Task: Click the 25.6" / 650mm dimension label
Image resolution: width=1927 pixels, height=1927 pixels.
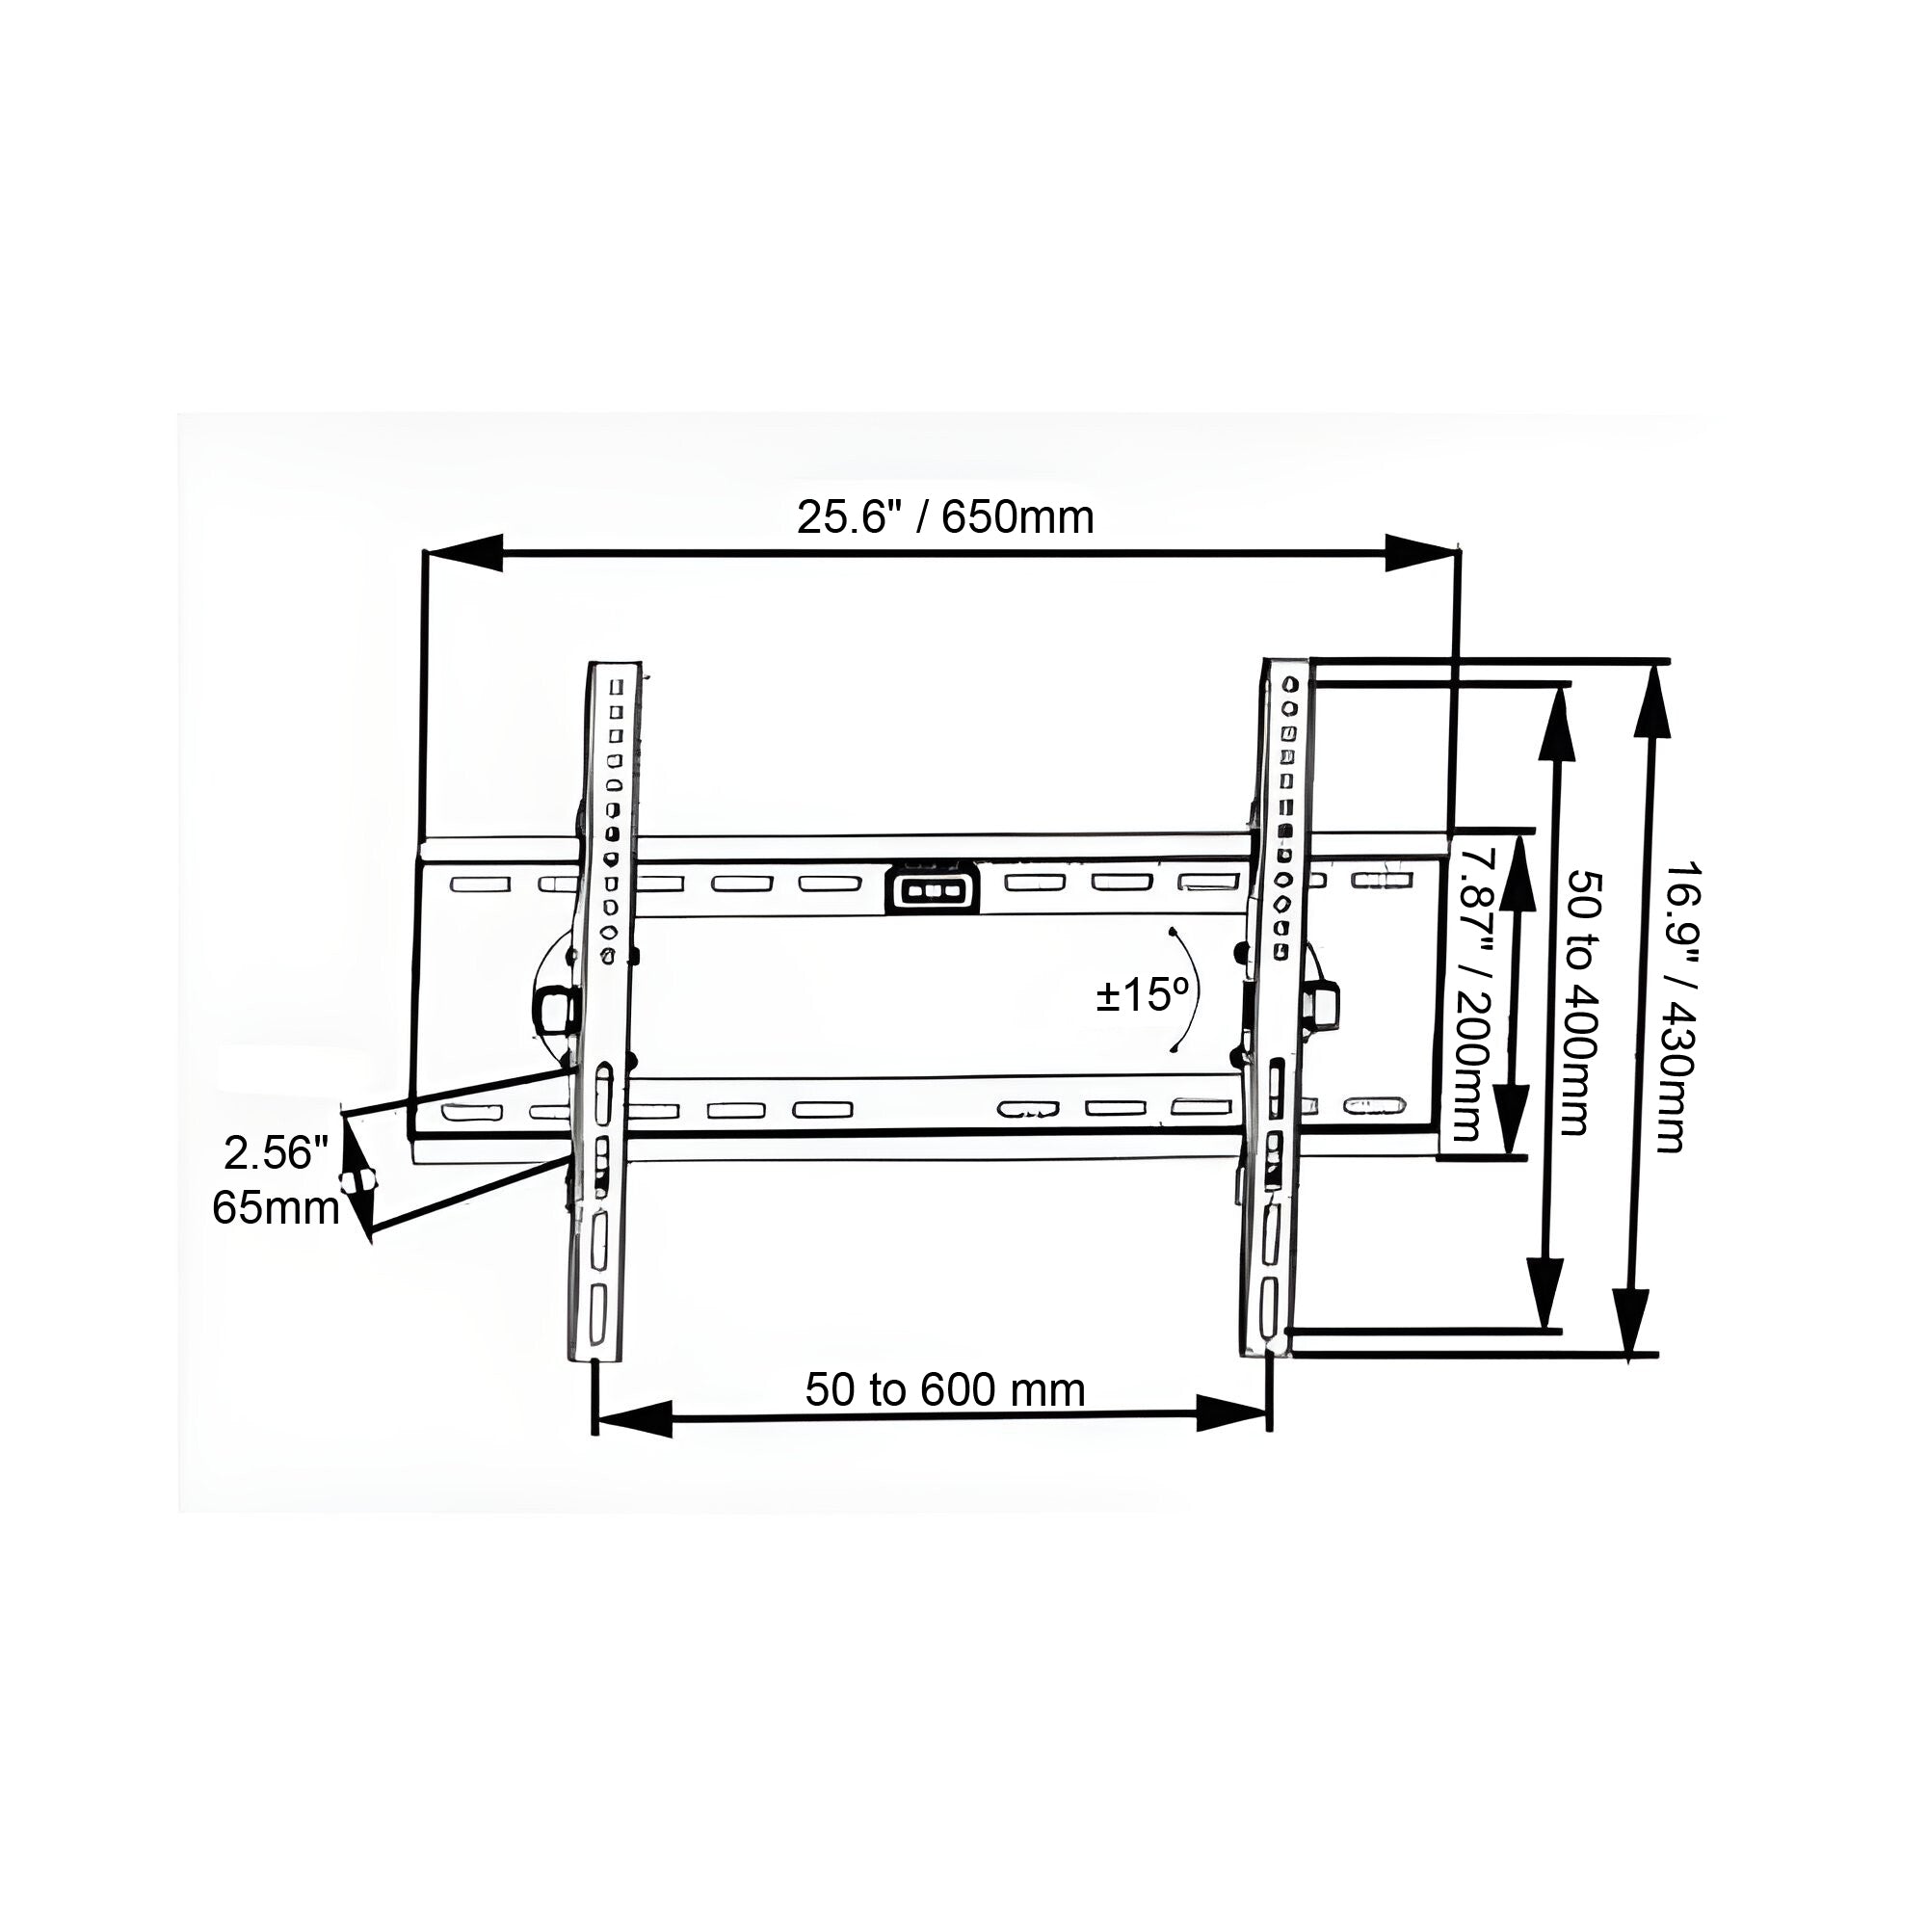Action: pos(944,517)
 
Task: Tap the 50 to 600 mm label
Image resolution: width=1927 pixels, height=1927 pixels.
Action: pos(944,1390)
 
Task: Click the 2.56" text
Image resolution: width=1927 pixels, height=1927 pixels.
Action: pos(276,1153)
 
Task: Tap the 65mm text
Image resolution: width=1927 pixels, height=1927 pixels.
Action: pos(276,1208)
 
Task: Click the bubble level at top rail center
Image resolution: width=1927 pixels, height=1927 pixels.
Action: pos(931,887)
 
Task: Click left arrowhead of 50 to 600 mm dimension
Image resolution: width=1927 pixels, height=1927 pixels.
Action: pos(633,1417)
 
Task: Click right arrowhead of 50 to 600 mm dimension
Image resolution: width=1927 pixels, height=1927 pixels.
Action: pos(1231,1413)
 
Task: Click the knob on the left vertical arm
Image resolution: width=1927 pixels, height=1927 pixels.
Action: pos(556,1010)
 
